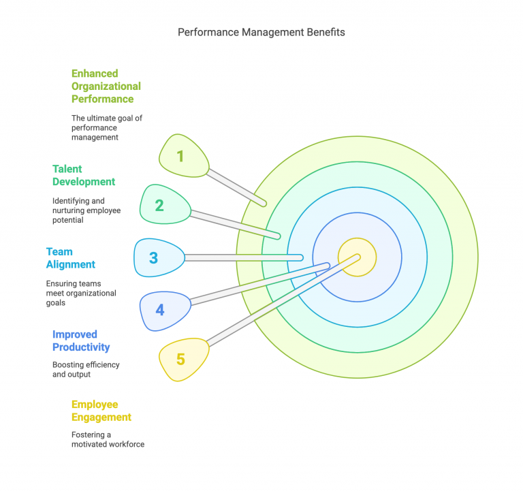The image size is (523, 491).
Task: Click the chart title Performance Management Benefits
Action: (261, 32)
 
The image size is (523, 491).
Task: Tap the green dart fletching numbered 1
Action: (183, 156)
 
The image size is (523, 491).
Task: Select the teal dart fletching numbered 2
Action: (163, 204)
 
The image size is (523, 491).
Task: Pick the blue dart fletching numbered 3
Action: (157, 258)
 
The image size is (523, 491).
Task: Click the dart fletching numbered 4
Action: (163, 310)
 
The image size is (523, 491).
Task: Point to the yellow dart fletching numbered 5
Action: (182, 358)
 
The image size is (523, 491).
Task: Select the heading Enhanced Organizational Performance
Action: (106, 86)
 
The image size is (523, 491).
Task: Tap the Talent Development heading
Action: (84, 175)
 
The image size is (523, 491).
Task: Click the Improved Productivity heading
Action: (81, 340)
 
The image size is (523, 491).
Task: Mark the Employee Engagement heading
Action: (101, 411)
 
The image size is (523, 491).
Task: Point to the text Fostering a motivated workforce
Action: (108, 439)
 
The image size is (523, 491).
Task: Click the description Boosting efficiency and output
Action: (86, 369)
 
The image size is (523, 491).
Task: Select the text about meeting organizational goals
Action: (81, 293)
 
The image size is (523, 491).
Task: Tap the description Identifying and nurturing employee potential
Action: (86, 210)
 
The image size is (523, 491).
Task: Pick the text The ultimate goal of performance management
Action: (107, 127)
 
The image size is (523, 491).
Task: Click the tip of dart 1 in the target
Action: (265, 204)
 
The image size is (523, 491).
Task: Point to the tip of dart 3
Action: (302, 257)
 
